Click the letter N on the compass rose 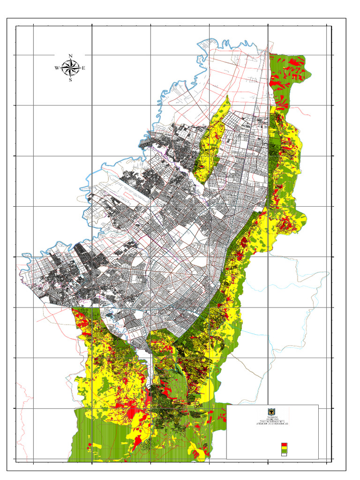70,56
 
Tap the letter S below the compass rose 70,80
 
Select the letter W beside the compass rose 57,68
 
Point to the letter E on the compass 84,68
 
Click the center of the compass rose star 70,68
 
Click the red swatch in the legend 284,444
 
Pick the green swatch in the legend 284,451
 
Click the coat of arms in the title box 272,411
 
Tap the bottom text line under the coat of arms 272,424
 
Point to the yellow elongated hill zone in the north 211,141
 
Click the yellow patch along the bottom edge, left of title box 199,452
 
